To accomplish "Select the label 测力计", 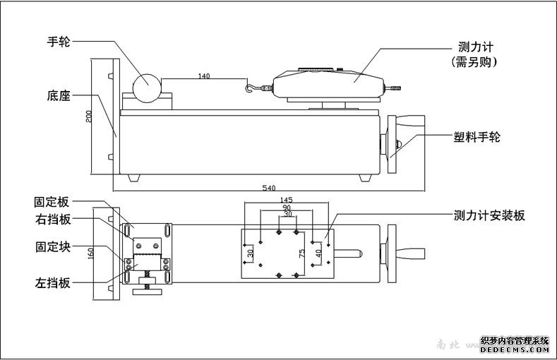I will (x=474, y=47).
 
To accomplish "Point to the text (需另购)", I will (x=474, y=62).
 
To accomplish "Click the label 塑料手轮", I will (x=477, y=138).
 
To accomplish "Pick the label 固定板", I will (x=54, y=201).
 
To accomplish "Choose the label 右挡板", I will (x=54, y=220).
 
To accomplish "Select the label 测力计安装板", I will (x=489, y=215).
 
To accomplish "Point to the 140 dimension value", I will (x=204, y=75).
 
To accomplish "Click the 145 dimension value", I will (x=286, y=200).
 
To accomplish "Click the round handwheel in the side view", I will (x=148, y=83).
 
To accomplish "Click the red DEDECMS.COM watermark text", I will (x=515, y=348).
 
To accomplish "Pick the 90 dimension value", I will (x=286, y=209).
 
